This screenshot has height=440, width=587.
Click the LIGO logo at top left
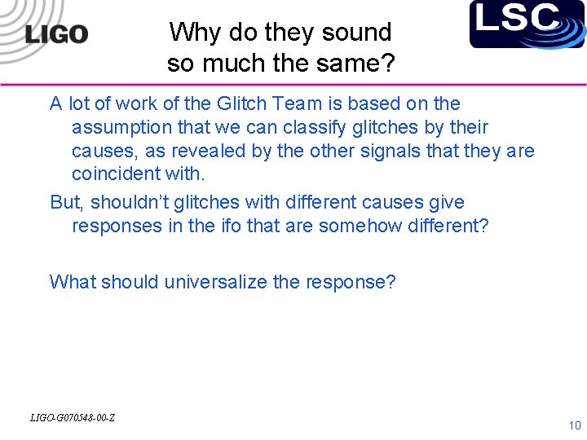coord(55,34)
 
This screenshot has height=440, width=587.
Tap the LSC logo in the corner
coord(527,24)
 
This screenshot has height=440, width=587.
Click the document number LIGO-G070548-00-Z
coord(72,418)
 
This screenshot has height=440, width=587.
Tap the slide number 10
coord(574,425)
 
